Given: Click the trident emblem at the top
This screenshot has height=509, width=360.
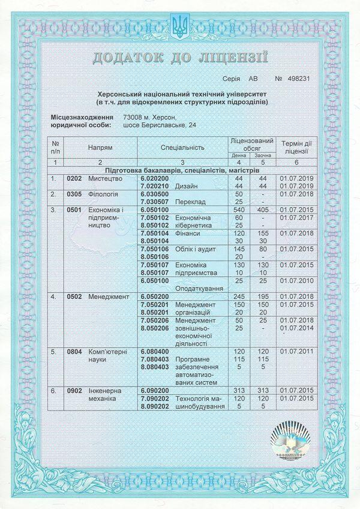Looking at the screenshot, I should point(179,25).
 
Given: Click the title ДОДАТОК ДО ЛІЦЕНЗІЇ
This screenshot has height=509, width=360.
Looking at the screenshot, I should point(179,58).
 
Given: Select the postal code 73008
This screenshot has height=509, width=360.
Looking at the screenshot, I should point(134,117).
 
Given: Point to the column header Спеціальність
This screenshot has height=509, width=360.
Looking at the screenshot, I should point(182,146).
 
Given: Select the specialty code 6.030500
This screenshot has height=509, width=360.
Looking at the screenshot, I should point(155,194).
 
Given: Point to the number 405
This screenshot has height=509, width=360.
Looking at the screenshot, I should point(262,210).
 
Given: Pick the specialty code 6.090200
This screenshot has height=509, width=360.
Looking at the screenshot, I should point(155,390).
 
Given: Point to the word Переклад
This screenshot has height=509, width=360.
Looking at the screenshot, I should point(189,202).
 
